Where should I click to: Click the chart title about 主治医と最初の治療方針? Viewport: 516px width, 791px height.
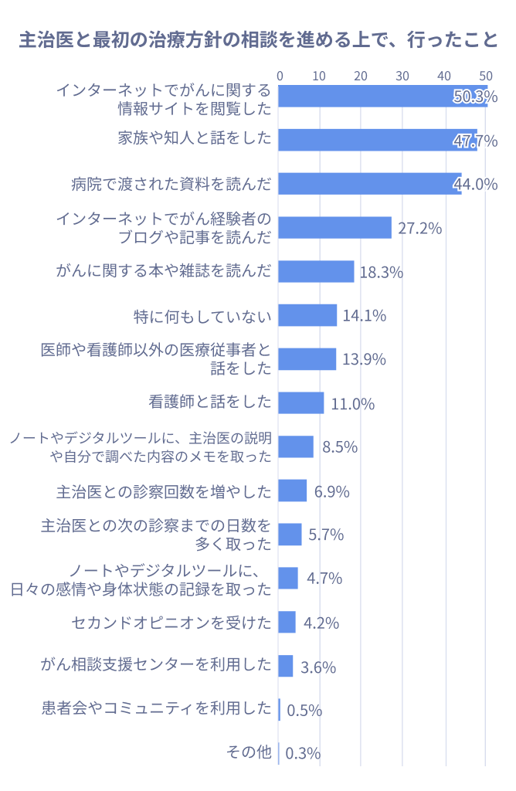tap(258, 40)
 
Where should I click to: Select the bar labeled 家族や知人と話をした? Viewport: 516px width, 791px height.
tap(378, 140)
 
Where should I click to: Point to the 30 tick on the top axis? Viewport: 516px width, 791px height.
tap(402, 76)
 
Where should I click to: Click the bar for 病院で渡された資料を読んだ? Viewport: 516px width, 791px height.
tap(370, 184)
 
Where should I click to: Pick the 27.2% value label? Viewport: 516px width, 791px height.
tap(419, 228)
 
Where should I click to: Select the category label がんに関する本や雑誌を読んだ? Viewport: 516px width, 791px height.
tap(165, 271)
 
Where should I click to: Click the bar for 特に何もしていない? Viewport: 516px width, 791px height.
tap(307, 315)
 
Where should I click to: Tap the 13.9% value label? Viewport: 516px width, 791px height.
tap(364, 359)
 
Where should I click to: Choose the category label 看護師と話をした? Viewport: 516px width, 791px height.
tap(210, 402)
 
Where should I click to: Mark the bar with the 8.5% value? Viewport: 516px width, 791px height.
tap(296, 446)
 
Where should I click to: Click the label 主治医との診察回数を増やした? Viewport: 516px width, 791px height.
tap(165, 491)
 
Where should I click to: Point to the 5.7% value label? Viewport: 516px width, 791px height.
tap(325, 535)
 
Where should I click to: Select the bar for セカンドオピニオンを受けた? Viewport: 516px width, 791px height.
tap(287, 622)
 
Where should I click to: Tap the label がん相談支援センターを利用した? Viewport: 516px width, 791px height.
tap(157, 665)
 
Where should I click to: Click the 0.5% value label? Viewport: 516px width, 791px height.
tap(304, 710)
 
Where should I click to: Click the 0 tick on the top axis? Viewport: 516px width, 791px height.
tap(280, 76)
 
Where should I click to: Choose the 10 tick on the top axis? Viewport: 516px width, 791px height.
tap(320, 76)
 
